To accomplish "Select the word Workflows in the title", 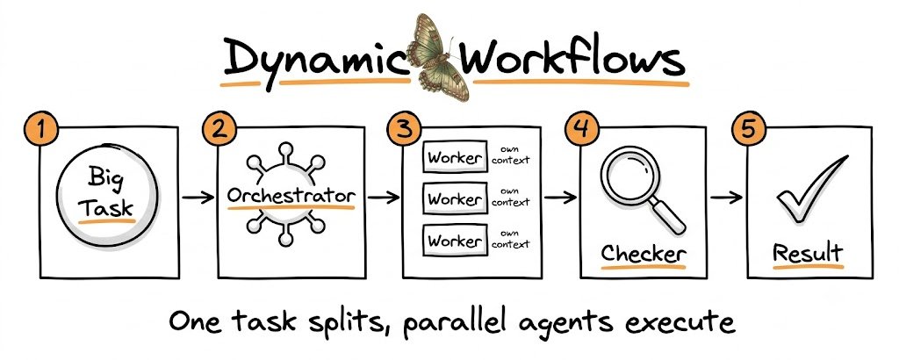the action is (573, 56).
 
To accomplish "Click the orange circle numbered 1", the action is (40, 130).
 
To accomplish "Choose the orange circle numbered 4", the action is (582, 130).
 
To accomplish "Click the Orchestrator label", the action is (291, 196).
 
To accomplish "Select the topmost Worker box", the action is (455, 157).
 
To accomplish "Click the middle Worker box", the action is (455, 199).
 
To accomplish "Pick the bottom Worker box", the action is (455, 241).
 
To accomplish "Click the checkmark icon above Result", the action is (810, 189).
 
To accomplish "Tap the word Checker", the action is (644, 254).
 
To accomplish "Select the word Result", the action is (809, 253).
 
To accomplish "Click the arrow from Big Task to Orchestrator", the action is (198, 198).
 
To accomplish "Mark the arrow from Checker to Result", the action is (726, 198).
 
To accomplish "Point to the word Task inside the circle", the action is (106, 206).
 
